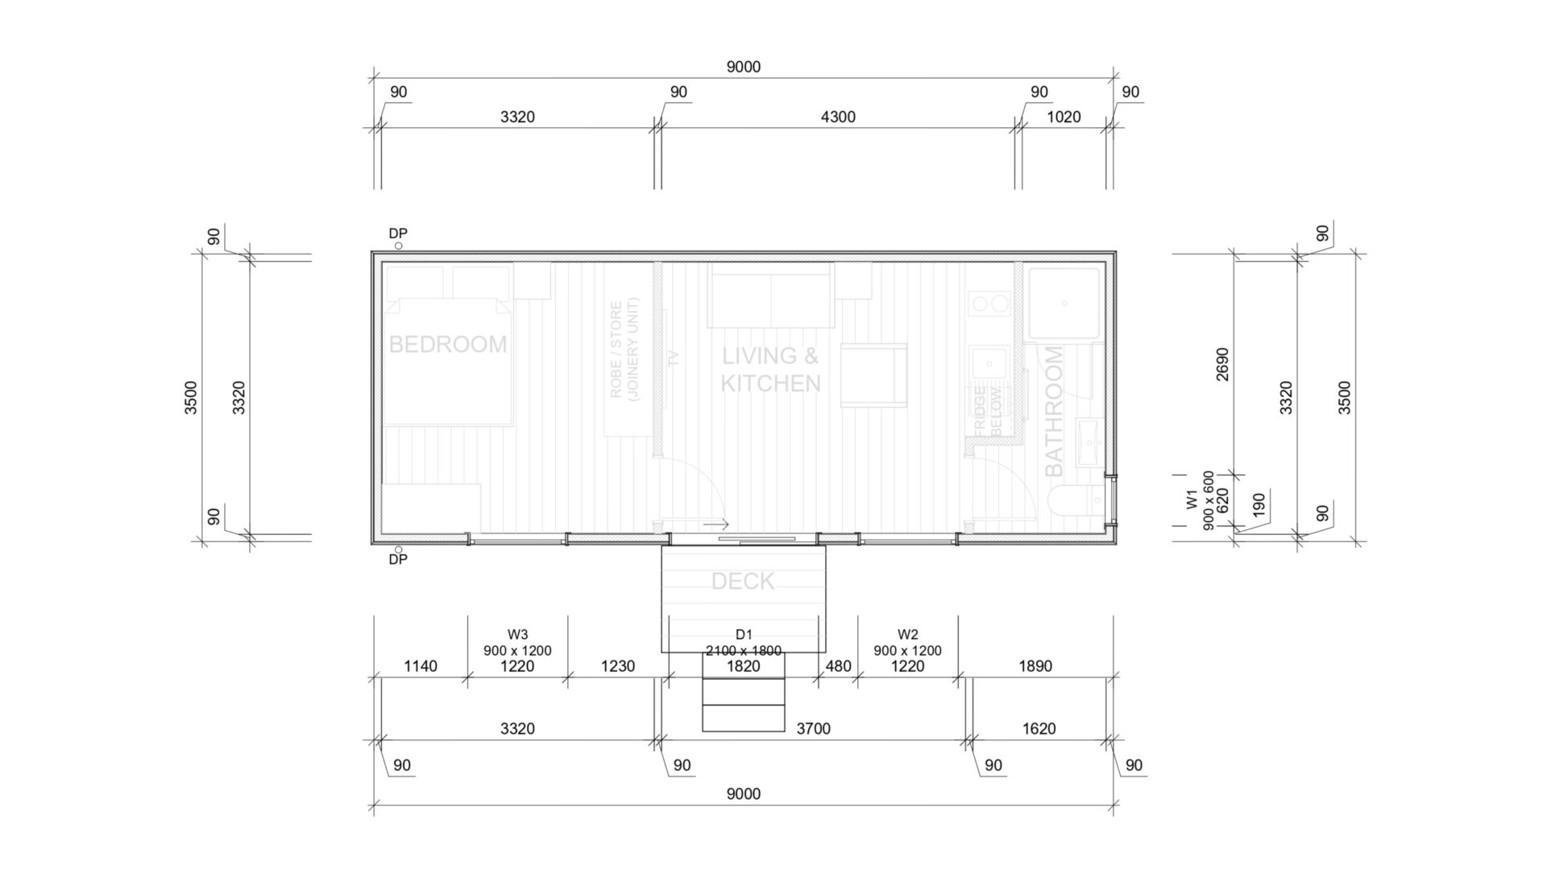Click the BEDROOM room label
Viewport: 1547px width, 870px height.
coord(448,344)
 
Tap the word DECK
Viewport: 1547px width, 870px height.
coord(743,581)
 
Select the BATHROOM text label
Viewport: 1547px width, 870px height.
coord(1053,412)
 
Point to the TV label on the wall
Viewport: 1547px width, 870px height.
coord(674,358)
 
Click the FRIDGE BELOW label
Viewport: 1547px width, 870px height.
coord(988,412)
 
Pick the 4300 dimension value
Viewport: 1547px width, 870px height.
coord(838,117)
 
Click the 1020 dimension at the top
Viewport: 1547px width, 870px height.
coord(1064,117)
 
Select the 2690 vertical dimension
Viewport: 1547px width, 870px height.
coord(1222,364)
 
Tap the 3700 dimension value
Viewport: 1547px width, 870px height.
coord(813,729)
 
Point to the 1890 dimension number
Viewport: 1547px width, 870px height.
coord(1035,666)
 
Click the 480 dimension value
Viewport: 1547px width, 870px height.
coord(838,666)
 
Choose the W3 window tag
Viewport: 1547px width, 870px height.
coord(517,635)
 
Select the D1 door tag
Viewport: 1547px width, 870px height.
coord(743,635)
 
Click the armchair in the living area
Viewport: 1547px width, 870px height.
coord(873,375)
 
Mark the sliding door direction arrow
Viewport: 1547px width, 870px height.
coord(715,524)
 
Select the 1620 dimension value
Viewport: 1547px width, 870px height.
coord(1039,729)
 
